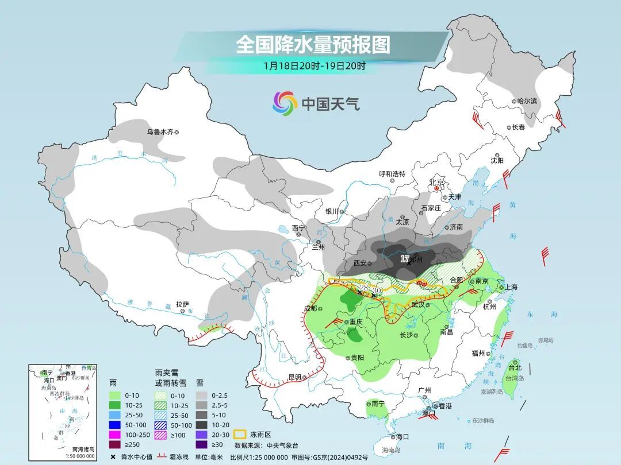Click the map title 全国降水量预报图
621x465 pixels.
[x=313, y=44]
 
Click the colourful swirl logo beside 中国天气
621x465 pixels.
[x=285, y=103]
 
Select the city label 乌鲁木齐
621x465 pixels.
[x=159, y=132]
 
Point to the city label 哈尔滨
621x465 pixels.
[x=527, y=101]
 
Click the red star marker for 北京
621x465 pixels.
[x=437, y=188]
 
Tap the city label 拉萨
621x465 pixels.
[x=182, y=304]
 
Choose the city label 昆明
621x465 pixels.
[x=294, y=378]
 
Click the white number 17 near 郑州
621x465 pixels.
[x=405, y=259]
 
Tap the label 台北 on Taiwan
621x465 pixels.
[x=514, y=367]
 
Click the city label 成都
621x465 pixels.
[x=310, y=308]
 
